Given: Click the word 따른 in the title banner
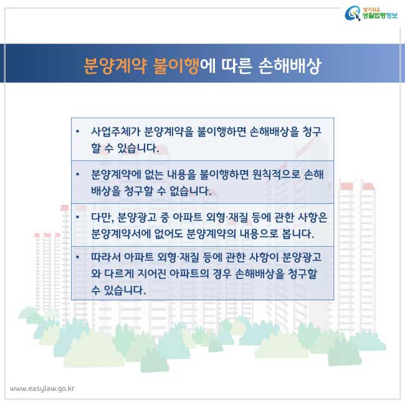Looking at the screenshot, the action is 236,65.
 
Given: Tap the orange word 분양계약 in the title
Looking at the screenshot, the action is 115,66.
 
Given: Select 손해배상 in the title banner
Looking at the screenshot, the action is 289,66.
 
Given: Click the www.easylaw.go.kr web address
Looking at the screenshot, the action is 42,388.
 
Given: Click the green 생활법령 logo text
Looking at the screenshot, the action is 374,16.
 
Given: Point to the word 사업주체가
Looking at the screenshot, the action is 115,131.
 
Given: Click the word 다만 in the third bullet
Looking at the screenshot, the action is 103,217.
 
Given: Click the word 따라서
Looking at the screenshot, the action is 105,257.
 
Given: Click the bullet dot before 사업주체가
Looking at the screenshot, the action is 77,131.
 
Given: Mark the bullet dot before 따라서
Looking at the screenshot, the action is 77,257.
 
